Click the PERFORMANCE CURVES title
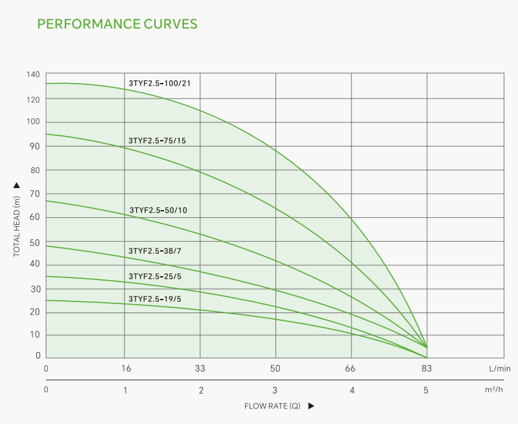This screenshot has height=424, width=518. [117, 25]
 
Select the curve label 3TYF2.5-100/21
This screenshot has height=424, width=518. [159, 83]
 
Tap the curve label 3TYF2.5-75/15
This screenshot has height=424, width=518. [157, 140]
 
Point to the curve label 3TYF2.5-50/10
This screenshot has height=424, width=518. [158, 210]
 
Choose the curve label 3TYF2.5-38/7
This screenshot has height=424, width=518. [154, 251]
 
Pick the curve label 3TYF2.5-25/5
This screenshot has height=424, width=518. [154, 276]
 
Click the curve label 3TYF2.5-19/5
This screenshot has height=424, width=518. [154, 299]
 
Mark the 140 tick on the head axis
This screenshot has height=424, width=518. [34, 75]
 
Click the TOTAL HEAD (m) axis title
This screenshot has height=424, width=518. [17, 224]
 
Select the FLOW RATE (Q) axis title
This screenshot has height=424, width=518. [272, 406]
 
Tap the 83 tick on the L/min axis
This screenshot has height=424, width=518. [427, 368]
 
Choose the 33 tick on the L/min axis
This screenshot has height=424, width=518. [200, 368]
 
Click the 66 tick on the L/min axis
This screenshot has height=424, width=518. [351, 368]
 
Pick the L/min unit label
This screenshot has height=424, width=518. [500, 368]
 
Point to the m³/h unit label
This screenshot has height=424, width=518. [494, 390]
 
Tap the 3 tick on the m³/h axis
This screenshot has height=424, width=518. [275, 390]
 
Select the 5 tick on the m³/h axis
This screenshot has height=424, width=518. [426, 390]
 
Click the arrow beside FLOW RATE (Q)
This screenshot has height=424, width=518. [311, 406]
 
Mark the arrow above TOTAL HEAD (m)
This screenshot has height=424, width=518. [17, 185]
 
